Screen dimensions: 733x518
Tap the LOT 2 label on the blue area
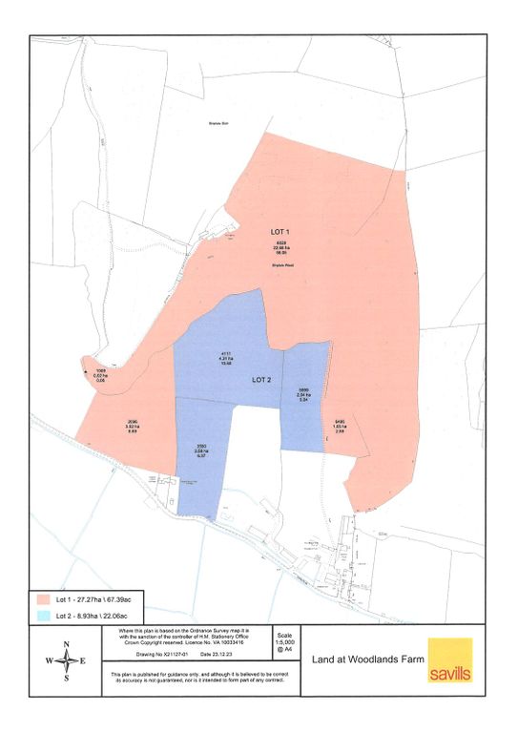(x=262, y=379)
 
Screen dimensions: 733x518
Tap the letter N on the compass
(x=66, y=644)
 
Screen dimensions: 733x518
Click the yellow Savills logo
(x=449, y=660)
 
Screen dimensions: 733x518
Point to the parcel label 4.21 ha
(x=226, y=359)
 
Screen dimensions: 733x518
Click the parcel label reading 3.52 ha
(x=132, y=428)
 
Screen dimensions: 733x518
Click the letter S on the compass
(x=66, y=679)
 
